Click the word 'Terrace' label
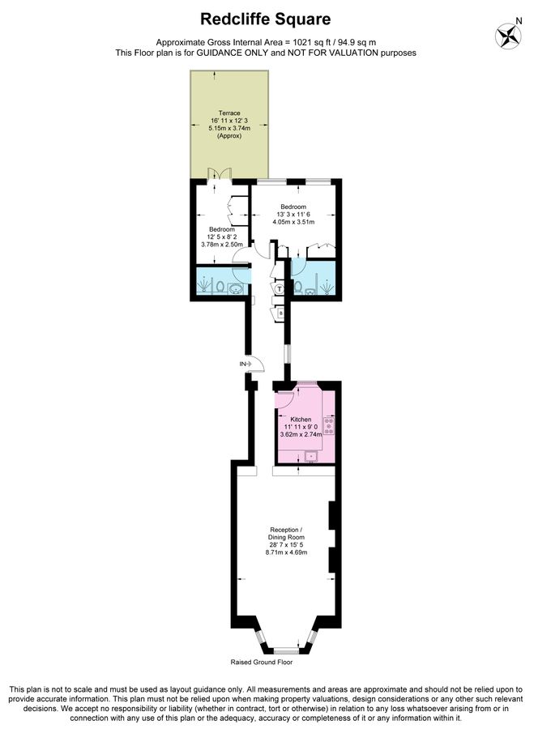click(x=230, y=113)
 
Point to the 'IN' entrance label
click(x=242, y=364)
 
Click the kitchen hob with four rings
click(x=328, y=425)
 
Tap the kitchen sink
click(x=310, y=456)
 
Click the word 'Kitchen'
click(x=301, y=420)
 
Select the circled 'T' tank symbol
click(x=280, y=288)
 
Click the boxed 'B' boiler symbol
click(x=281, y=312)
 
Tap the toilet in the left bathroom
click(x=220, y=286)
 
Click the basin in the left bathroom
click(x=236, y=288)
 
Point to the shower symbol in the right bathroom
click(x=323, y=286)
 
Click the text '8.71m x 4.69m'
click(x=287, y=553)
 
